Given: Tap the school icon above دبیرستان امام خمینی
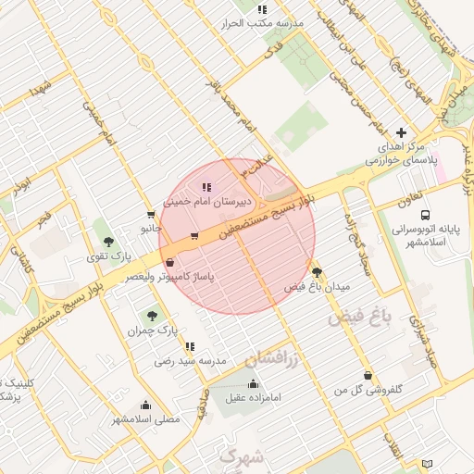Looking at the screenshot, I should point(206,188).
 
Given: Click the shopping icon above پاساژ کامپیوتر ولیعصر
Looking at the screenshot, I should point(168,262).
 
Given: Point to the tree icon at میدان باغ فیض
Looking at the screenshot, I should point(318,272).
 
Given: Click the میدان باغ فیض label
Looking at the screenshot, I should point(318,287).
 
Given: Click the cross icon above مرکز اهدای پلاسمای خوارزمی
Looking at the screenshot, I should point(401,133).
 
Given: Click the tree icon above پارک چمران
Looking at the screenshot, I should point(152,317).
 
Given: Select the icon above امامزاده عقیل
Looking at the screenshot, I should point(254,384).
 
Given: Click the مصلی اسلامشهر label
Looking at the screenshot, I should point(146,419).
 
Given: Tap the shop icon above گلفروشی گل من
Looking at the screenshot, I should point(370,376).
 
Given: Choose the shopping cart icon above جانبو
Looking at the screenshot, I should point(151,214).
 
